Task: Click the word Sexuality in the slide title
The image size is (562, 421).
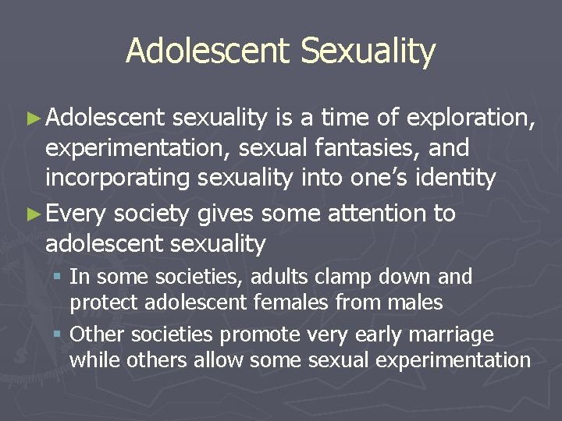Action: point(368,51)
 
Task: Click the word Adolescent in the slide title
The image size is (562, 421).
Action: point(208,51)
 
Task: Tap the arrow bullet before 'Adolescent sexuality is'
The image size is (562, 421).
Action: point(35,119)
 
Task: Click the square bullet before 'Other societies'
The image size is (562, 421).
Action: point(59,335)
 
